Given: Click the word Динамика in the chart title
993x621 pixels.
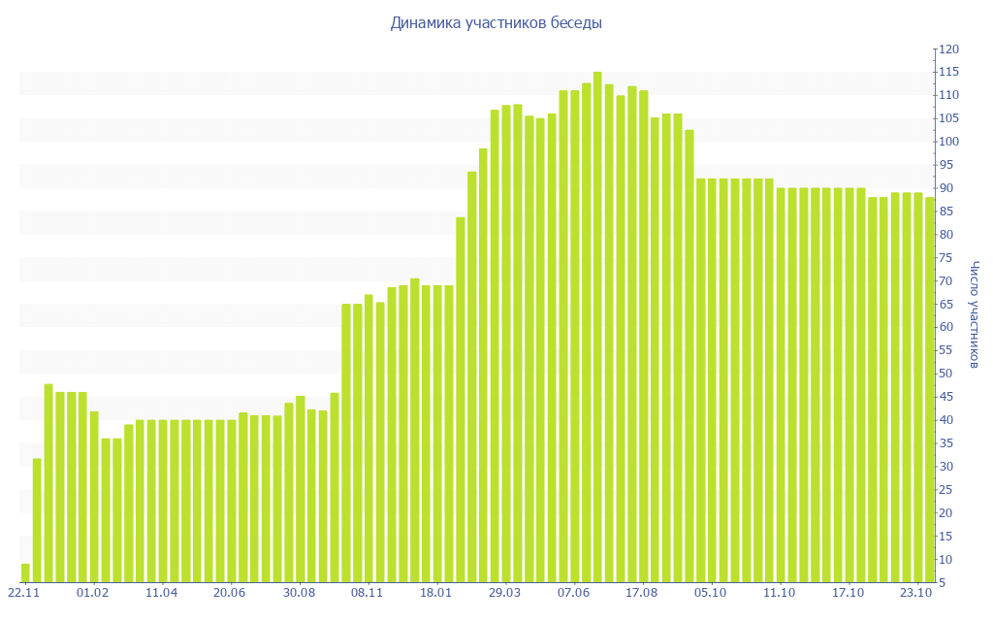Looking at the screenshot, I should click(424, 23).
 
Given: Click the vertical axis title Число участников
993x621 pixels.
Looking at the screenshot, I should click(975, 314).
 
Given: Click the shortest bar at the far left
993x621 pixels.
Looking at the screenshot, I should click(25, 572).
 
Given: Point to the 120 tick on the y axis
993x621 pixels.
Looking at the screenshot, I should click(948, 49).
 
